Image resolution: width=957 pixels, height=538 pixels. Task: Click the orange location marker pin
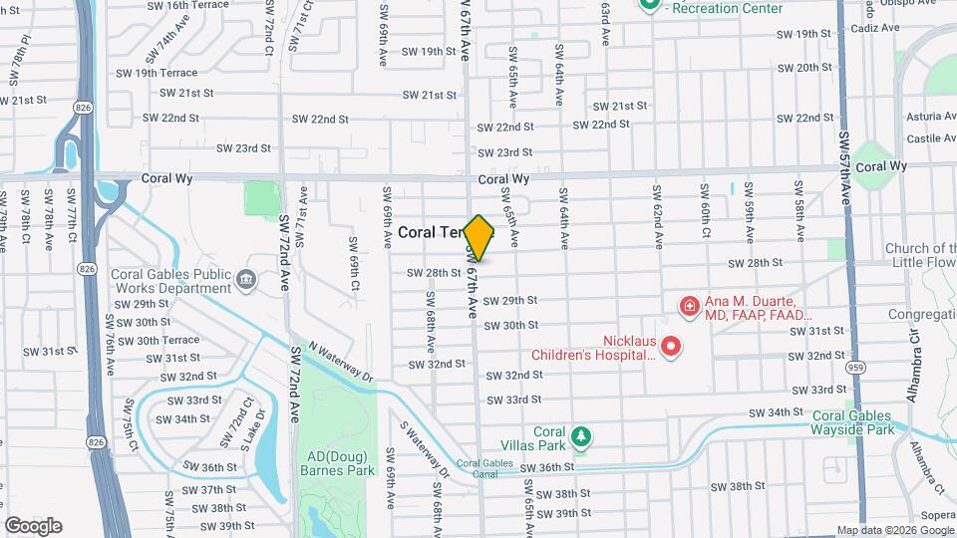point(478,238)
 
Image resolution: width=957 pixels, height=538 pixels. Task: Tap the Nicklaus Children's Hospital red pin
point(671,346)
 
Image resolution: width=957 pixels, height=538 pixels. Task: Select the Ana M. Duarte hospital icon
point(687,304)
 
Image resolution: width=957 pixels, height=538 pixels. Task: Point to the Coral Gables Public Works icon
point(244,281)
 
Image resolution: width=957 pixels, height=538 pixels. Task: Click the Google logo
point(33,526)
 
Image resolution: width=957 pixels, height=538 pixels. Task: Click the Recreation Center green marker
point(649,5)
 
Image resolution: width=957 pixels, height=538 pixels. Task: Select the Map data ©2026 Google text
point(895,530)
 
